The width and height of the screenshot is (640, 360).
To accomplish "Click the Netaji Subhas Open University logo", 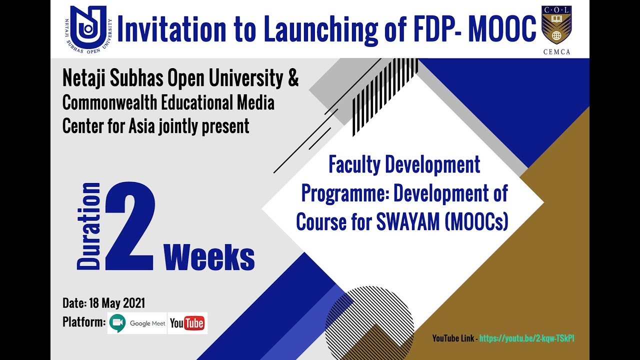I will point(88,29).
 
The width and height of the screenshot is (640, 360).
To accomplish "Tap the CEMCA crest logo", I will point(556,25).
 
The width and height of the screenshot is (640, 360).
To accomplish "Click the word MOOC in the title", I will point(502,29).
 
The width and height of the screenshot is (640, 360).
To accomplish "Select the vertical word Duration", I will point(89,226).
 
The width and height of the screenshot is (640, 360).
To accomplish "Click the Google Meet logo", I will point(137,323).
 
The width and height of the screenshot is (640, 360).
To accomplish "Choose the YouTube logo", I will point(187,323).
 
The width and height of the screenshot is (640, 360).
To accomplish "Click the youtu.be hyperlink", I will point(526,338).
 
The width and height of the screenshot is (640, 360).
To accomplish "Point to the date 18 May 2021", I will point(117,303).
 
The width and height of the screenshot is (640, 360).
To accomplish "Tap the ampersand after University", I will point(293,79).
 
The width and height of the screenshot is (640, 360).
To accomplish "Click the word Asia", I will point(142,126).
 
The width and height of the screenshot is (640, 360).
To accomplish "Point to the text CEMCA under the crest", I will point(556,51).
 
